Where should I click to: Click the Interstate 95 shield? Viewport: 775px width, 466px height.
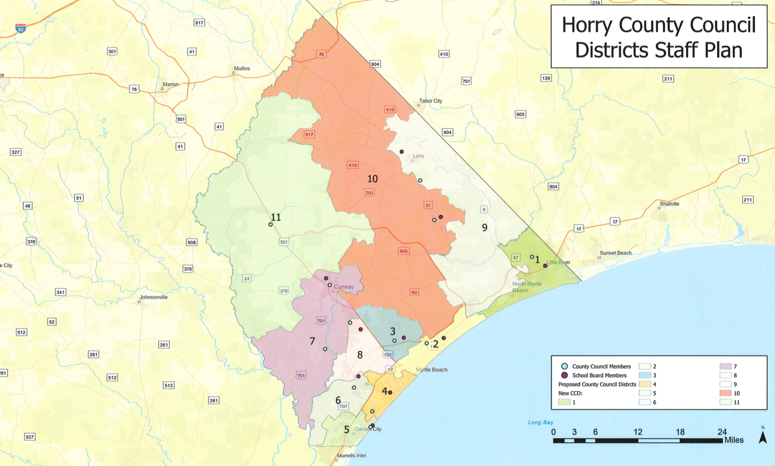pyautogui.click(x=20, y=28)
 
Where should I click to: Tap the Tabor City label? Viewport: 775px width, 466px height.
pyautogui.click(x=430, y=101)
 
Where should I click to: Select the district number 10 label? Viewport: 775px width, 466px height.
pyautogui.click(x=372, y=179)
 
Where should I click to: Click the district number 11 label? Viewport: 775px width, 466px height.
pyautogui.click(x=276, y=217)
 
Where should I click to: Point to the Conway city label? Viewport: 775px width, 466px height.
pyautogui.click(x=343, y=287)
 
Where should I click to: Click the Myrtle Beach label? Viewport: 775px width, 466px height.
pyautogui.click(x=432, y=370)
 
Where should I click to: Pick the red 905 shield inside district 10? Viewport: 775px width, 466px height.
pyautogui.click(x=403, y=251)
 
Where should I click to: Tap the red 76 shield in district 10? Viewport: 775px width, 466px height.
pyautogui.click(x=321, y=54)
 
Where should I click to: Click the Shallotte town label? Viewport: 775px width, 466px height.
pyautogui.click(x=669, y=204)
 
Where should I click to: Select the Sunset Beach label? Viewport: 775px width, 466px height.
pyautogui.click(x=615, y=253)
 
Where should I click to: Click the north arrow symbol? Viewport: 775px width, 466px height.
pyautogui.click(x=762, y=436)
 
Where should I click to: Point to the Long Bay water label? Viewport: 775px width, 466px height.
pyautogui.click(x=540, y=422)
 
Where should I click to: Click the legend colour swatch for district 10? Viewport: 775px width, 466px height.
pyautogui.click(x=725, y=393)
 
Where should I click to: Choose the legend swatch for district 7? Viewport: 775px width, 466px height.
pyautogui.click(x=725, y=366)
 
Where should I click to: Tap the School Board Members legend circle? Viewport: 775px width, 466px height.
pyautogui.click(x=564, y=375)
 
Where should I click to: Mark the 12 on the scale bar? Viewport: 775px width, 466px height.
pyautogui.click(x=637, y=432)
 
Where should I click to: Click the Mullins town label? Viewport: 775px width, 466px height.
pyautogui.click(x=242, y=68)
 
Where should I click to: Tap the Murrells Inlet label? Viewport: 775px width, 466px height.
pyautogui.click(x=351, y=456)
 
